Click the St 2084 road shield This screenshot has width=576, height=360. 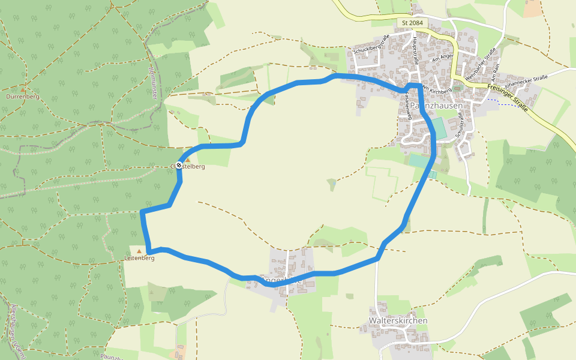412,23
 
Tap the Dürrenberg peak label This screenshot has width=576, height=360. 22,96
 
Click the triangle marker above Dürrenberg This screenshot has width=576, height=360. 23,89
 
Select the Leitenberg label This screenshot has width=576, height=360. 140,258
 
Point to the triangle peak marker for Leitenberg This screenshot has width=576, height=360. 140,251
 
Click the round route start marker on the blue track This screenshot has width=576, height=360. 179,165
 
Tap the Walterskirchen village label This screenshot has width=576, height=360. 398,321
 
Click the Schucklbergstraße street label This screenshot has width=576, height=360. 371,44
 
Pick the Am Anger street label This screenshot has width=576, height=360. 443,58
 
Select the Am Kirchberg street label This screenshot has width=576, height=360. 436,89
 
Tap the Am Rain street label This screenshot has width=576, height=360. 496,71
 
